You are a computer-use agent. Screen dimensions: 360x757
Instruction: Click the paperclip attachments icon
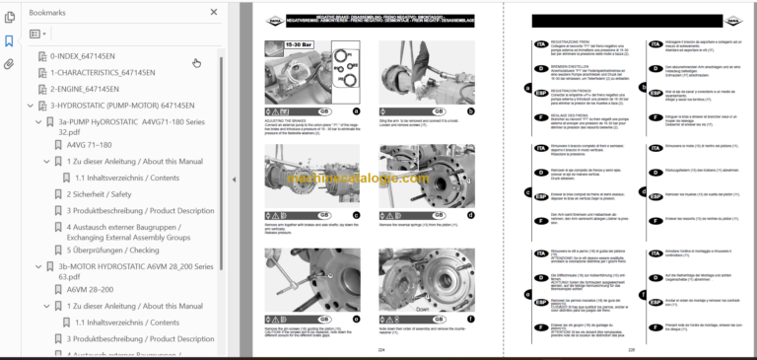(x=9, y=64)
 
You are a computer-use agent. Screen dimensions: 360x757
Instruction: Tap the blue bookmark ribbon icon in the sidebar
(x=9, y=41)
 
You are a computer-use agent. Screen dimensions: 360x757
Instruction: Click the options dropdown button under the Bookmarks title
(x=38, y=34)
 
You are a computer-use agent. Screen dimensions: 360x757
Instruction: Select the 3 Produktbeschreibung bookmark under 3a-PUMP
(x=140, y=210)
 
